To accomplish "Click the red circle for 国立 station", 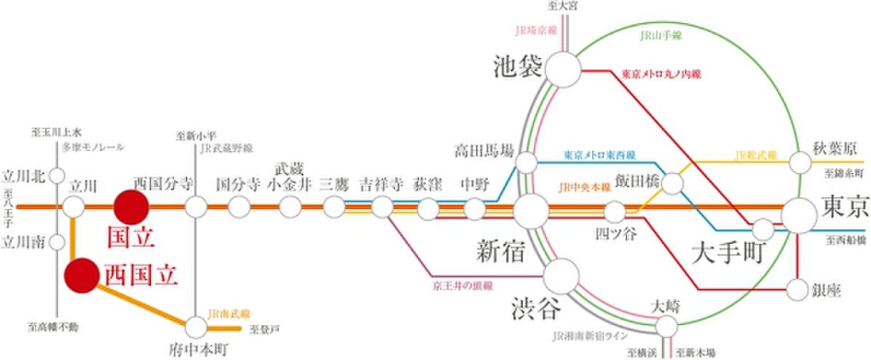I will coord(131,207).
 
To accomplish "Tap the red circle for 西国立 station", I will coord(81,277).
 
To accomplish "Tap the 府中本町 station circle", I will coord(196,324).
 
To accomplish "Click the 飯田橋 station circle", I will coord(673,183).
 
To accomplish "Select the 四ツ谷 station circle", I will coord(615,213).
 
